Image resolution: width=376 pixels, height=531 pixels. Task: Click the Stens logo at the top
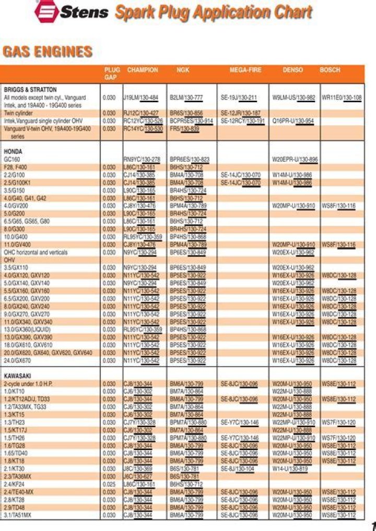point(71,11)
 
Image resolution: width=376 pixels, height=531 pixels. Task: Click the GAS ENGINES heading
point(48,52)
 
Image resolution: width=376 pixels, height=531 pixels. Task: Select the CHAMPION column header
point(143,70)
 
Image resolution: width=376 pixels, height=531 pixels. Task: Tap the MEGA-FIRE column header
point(245,70)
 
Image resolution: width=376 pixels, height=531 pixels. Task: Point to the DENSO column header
point(292,70)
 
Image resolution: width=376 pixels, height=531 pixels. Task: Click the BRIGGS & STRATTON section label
point(30,90)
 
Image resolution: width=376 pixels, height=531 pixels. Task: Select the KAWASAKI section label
point(17,376)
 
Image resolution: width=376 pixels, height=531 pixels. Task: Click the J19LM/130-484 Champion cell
point(140,98)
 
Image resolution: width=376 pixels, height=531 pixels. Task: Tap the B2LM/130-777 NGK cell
point(186,98)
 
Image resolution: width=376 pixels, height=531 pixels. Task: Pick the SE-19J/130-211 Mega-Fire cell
point(239,98)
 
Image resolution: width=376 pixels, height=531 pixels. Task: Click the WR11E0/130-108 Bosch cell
point(342,98)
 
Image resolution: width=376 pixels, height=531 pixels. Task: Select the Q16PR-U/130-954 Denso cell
point(293,121)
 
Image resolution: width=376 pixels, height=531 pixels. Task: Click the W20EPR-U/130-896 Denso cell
point(295,159)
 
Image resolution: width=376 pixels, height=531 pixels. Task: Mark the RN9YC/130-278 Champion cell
point(142,159)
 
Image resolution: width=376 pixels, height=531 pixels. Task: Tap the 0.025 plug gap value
point(109,485)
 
